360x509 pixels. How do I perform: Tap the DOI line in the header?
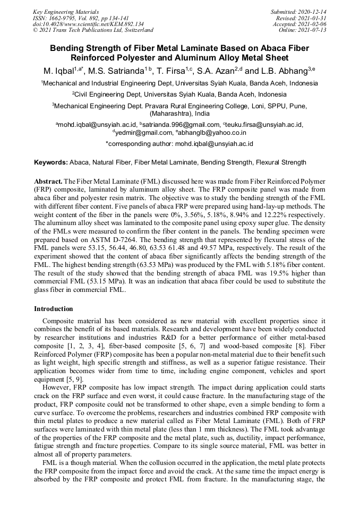pyautogui.click(x=88, y=24)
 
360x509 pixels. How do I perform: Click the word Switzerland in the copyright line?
pyautogui.click(x=137, y=30)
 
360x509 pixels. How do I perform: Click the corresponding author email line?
pyautogui.click(x=179, y=143)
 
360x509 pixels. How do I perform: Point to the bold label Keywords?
pyautogui.click(x=51, y=162)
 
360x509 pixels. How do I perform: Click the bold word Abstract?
pyautogui.click(x=49, y=181)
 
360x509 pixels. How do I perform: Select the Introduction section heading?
pyautogui.click(x=54, y=309)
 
